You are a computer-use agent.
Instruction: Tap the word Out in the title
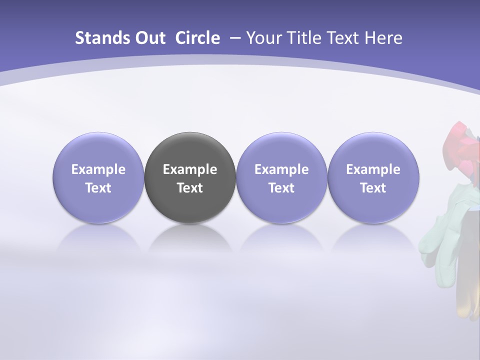click(149, 38)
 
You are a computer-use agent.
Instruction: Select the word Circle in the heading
click(197, 38)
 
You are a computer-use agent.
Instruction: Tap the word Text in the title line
click(343, 38)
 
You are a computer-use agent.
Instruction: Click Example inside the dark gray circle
click(190, 170)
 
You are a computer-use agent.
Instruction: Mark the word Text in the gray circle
click(190, 188)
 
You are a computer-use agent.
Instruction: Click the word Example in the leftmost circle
click(98, 170)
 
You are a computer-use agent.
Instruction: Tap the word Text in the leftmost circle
click(98, 188)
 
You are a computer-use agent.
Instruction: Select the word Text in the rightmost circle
click(373, 188)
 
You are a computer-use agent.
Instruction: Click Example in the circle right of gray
click(281, 170)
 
